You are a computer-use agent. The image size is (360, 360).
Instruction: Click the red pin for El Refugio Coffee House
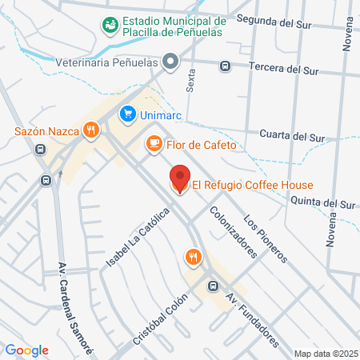[x=180, y=178]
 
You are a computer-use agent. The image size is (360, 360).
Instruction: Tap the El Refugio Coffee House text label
[x=252, y=186]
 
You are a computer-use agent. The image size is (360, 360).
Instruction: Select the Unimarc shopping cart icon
[x=126, y=115]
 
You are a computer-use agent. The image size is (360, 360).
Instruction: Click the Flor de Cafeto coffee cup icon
[x=152, y=144]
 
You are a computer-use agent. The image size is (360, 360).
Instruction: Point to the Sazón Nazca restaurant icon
[x=92, y=130]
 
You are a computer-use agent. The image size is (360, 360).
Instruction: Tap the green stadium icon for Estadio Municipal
[x=109, y=26]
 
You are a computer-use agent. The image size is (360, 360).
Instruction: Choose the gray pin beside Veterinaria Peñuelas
[x=170, y=61]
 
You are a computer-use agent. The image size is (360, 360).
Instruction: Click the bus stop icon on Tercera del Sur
[x=226, y=66]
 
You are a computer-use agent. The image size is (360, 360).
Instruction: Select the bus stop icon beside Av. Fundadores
[x=213, y=286]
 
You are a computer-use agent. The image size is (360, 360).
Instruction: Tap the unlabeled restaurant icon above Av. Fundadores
[x=192, y=257]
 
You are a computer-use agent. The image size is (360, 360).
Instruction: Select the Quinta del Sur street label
[x=322, y=204]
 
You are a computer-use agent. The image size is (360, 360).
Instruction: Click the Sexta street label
[x=190, y=80]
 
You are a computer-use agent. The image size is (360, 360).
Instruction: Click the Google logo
[x=27, y=350]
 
